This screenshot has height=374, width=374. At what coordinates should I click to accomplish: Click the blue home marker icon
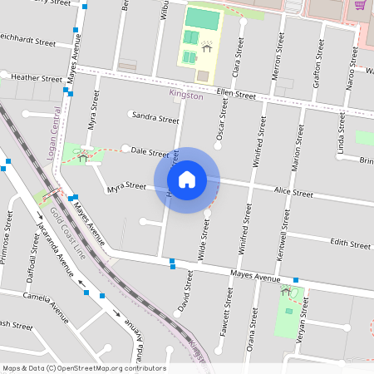187,179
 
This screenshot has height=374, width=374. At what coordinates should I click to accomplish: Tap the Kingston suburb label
185,96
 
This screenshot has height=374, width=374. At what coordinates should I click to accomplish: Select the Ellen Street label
235,94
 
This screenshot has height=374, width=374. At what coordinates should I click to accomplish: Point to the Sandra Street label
155,119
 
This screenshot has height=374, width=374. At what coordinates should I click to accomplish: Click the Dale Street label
150,152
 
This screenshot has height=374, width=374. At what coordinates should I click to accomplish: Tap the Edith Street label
350,244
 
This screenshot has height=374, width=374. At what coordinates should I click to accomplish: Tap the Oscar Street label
222,119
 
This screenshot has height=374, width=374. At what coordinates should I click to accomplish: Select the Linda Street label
341,134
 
